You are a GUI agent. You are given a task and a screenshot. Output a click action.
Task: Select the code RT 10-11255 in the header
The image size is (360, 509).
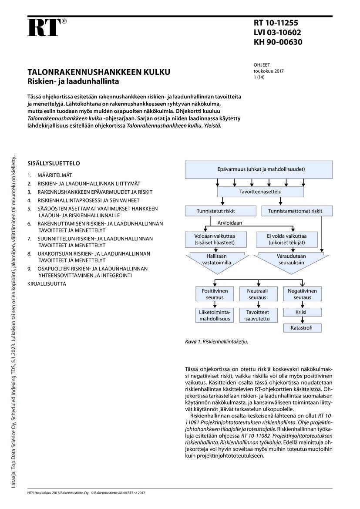click(x=276, y=23)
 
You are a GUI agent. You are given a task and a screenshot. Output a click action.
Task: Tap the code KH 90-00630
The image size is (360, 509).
click(x=278, y=42)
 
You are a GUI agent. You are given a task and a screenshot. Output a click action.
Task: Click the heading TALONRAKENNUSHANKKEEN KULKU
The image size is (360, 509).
click(x=99, y=72)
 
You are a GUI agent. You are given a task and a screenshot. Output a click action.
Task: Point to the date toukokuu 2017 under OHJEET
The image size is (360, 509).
click(x=269, y=71)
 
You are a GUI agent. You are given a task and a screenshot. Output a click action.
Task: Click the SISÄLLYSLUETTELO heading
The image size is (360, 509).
click(x=54, y=164)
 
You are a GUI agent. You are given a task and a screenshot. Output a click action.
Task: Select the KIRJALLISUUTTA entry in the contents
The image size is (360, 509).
click(x=47, y=283)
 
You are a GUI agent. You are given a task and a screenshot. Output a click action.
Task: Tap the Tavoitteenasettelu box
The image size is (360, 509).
click(x=260, y=192)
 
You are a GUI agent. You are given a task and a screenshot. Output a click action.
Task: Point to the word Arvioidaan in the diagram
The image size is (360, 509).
click(x=229, y=223)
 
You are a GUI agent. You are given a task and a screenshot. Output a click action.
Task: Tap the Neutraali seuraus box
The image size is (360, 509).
click(x=257, y=294)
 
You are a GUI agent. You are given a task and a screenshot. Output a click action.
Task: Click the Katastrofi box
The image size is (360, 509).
click(x=302, y=328)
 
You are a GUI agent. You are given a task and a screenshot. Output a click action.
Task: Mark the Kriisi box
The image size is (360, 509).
click(x=302, y=312)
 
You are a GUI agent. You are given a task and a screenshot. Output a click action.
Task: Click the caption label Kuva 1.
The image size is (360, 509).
click(x=193, y=342)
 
